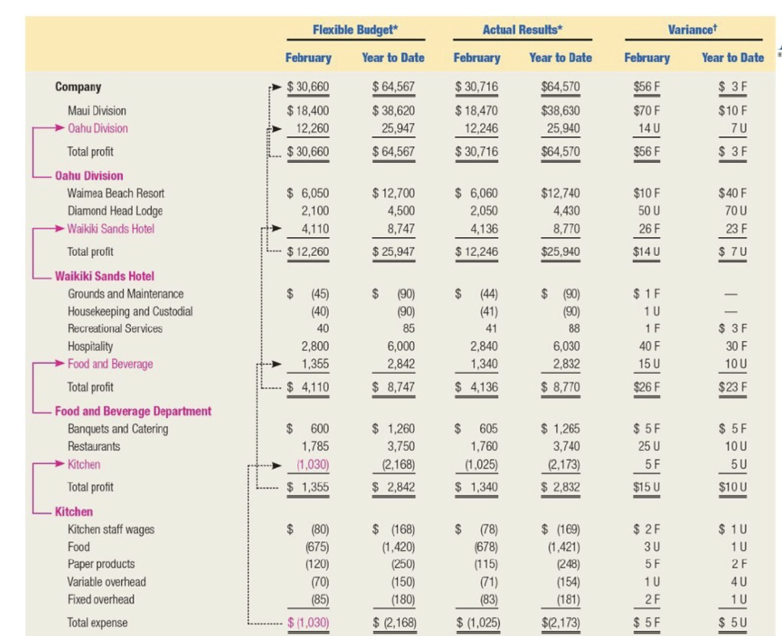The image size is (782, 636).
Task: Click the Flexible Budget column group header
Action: click(x=356, y=30)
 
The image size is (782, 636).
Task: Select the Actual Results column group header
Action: click(x=522, y=30)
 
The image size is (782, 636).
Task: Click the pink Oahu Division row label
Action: click(x=98, y=128)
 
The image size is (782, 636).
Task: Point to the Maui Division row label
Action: click(x=97, y=111)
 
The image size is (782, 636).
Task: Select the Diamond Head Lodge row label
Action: click(x=115, y=211)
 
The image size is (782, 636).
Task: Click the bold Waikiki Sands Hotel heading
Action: click(x=105, y=276)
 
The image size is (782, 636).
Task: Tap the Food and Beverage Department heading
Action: click(x=133, y=411)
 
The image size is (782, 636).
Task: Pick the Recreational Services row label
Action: click(x=115, y=329)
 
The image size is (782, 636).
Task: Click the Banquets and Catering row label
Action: click(x=118, y=429)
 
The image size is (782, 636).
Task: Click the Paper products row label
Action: click(x=102, y=564)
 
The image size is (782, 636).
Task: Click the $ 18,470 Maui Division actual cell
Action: click(x=477, y=111)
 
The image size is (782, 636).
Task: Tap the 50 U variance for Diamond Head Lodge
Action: click(x=647, y=211)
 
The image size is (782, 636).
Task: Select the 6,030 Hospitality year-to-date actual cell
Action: click(x=561, y=346)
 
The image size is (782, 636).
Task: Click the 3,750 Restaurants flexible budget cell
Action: click(x=394, y=446)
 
